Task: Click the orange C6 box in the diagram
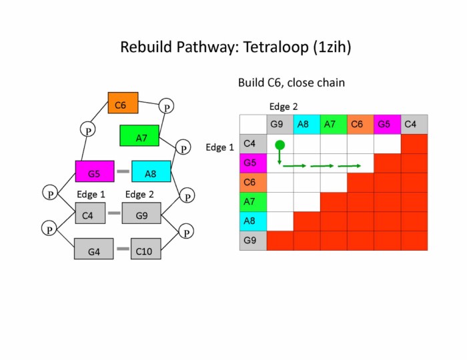(123, 103)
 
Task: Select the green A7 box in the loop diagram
(139, 136)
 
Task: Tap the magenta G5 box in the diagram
(94, 172)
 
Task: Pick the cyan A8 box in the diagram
(151, 172)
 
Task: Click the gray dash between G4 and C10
(123, 249)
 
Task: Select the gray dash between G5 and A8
(123, 172)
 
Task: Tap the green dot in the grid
(280, 145)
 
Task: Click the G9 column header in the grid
(280, 124)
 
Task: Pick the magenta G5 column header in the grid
(386, 124)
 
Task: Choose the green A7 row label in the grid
(253, 202)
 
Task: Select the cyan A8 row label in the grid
(253, 221)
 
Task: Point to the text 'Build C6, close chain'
(291, 83)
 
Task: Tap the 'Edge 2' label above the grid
(283, 106)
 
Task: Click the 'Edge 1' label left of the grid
(219, 147)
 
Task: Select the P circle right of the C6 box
(167, 107)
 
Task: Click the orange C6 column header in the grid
(360, 124)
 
